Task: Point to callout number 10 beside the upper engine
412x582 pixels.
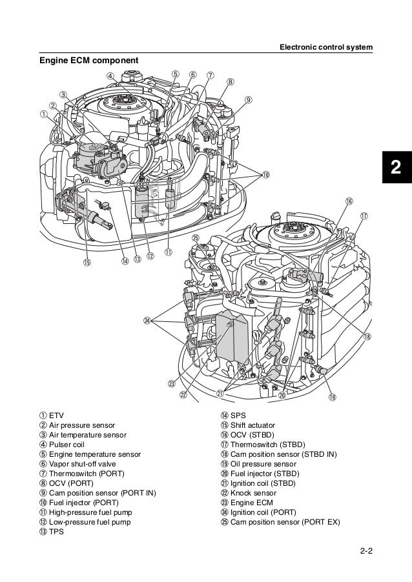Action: pos(265,175)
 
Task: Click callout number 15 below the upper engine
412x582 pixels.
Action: pos(87,262)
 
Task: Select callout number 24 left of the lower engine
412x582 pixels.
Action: pos(148,321)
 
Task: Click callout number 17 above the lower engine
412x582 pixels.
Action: pos(364,216)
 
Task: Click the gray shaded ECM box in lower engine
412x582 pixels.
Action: pos(232,336)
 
